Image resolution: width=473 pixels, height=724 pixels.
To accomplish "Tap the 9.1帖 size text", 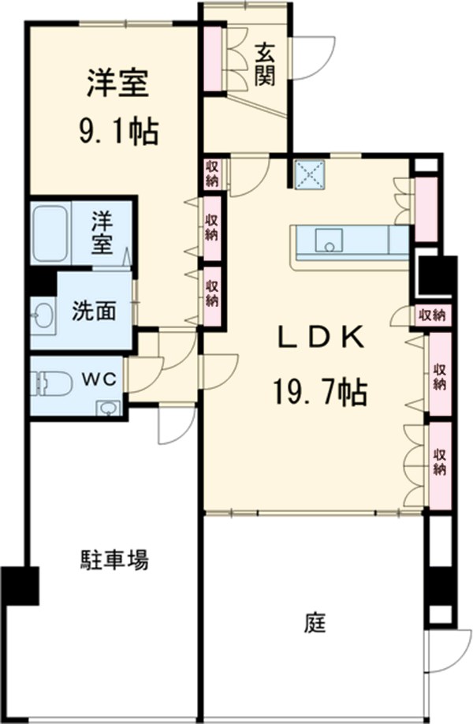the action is [x=119, y=132].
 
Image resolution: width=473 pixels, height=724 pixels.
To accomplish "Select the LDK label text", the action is [x=320, y=338].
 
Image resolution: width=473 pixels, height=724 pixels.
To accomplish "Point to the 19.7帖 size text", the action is [x=320, y=391].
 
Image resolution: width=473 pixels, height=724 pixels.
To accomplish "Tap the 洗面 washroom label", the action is [x=94, y=312].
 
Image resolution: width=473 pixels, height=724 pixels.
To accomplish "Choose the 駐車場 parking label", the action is [x=115, y=560].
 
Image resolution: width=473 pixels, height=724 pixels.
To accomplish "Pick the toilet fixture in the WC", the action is [x=52, y=384].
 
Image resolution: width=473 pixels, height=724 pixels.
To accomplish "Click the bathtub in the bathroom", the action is [x=50, y=233].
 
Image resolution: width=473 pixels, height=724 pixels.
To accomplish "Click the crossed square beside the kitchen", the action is [x=310, y=174].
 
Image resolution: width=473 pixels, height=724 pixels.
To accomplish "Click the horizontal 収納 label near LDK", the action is [x=432, y=315].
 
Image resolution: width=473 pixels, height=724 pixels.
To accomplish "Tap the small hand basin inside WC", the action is [x=107, y=409].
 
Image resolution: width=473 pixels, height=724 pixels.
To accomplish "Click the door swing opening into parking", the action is [x=176, y=427].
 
